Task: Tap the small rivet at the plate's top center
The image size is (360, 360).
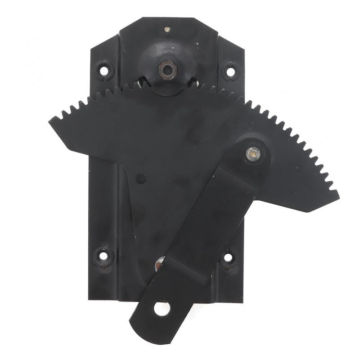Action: (167, 29)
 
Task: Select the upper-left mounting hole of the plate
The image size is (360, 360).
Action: (104, 70)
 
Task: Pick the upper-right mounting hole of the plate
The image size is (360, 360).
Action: (230, 71)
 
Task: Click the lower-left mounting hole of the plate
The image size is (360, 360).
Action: (104, 256)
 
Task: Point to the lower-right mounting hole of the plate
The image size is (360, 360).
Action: (228, 257)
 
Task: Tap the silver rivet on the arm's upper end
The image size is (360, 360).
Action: (253, 153)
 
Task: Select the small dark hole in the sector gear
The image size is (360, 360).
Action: (141, 179)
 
